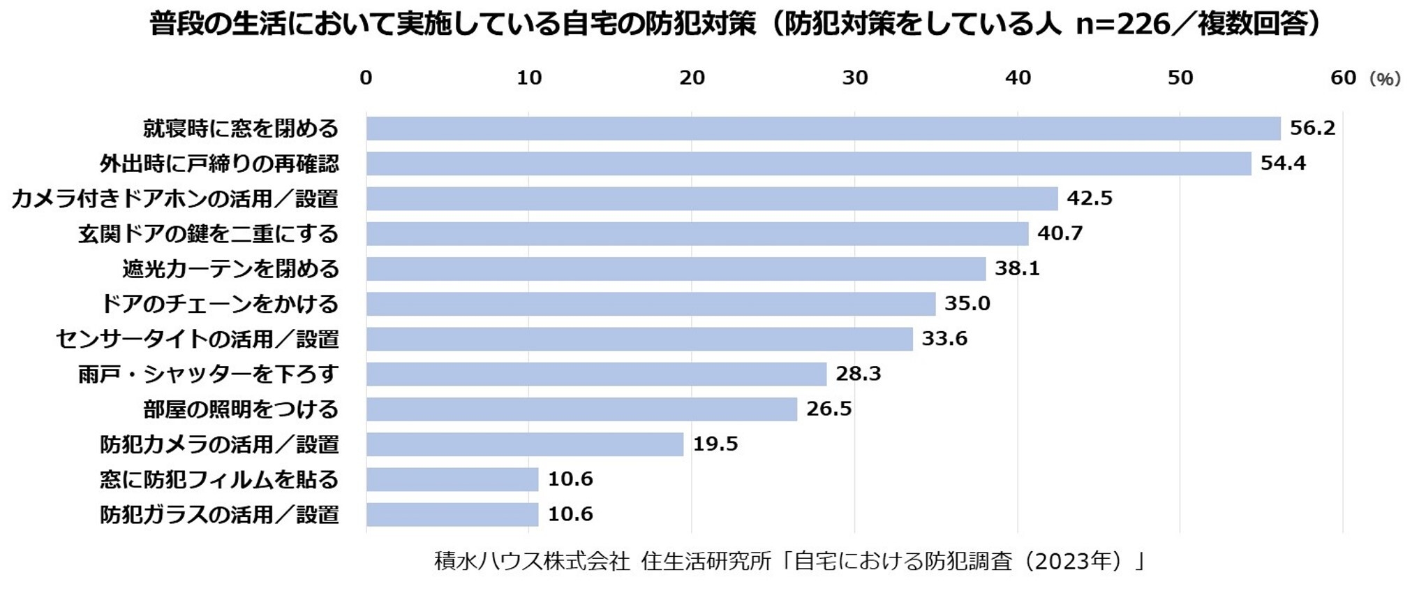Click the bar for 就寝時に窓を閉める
(824, 129)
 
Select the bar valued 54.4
(808, 163)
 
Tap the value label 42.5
(1090, 198)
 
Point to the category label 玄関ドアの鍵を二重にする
(208, 234)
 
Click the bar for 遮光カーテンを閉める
(676, 269)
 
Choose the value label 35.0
(967, 304)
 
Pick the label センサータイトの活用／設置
(197, 340)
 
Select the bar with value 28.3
(596, 374)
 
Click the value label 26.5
(829, 409)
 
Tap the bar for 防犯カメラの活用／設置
(525, 444)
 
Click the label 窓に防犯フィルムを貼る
(219, 480)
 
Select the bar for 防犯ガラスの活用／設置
(452, 515)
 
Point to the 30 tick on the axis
(855, 78)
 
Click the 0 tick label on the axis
(366, 78)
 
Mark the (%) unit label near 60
(1385, 79)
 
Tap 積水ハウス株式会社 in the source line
(532, 561)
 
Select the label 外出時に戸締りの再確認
(219, 164)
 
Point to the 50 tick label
(1180, 78)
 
